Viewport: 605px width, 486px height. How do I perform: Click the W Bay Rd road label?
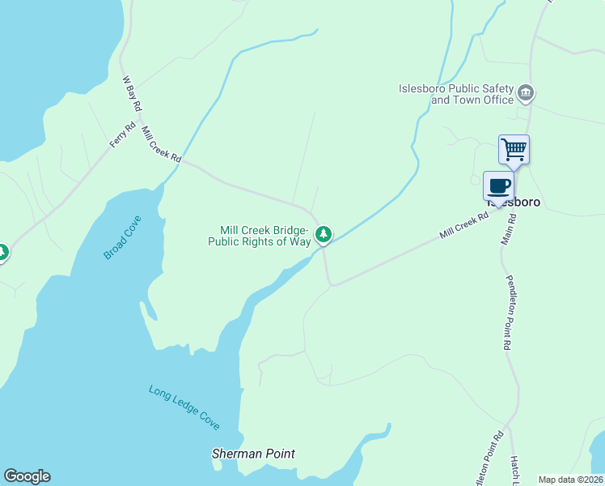(132, 94)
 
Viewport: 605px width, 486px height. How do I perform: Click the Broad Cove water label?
(122, 238)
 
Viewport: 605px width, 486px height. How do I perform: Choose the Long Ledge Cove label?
(184, 407)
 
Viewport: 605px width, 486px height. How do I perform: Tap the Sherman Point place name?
(253, 454)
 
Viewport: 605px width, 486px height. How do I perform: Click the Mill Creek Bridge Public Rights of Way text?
(260, 236)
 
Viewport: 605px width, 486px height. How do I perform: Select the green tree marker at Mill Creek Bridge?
(324, 235)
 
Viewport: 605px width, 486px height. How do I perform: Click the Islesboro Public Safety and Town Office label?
(456, 94)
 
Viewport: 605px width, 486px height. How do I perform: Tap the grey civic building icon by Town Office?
(526, 94)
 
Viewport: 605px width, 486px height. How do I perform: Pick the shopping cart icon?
(514, 150)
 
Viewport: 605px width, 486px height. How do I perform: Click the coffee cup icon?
(498, 186)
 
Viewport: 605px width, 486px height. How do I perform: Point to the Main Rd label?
(507, 228)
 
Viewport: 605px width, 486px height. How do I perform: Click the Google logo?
(27, 476)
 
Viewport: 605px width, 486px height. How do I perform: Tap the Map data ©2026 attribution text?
(571, 480)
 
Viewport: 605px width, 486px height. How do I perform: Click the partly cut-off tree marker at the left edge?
(2, 253)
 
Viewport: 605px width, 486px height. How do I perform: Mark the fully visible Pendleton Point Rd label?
(510, 312)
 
